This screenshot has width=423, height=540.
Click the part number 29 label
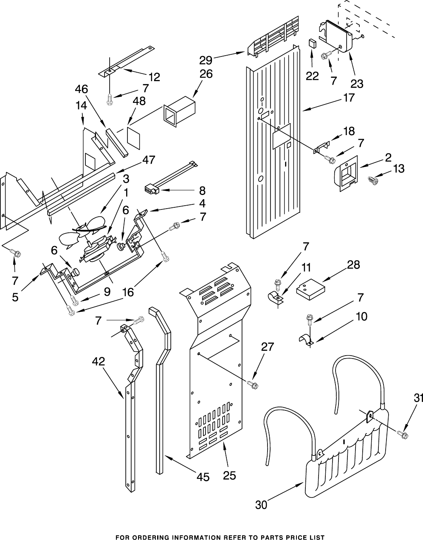tap(206, 60)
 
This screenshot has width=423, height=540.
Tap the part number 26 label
tap(206, 74)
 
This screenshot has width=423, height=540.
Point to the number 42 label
tap(99, 361)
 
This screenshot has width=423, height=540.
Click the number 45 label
tap(203, 477)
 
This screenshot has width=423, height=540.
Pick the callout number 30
tap(261, 505)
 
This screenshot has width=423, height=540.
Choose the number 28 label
tap(354, 265)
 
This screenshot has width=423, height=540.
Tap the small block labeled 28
tap(311, 289)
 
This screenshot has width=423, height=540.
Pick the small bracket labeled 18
tap(321, 147)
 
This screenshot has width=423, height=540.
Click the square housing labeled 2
tap(346, 173)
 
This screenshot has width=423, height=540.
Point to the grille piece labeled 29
tap(273, 37)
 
